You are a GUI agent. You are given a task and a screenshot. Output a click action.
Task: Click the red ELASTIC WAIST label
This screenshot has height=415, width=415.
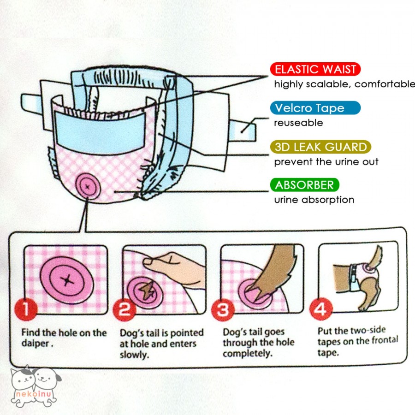[315, 70]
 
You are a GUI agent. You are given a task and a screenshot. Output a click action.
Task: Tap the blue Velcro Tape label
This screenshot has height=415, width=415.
[315, 108]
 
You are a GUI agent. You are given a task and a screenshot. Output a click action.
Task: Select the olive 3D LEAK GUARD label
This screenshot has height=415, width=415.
[320, 148]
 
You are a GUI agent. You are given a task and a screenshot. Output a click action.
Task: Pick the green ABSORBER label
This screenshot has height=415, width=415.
[304, 185]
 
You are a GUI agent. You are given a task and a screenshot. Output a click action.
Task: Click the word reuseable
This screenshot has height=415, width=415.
[298, 123]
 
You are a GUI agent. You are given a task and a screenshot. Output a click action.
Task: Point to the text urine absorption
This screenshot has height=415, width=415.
[314, 200]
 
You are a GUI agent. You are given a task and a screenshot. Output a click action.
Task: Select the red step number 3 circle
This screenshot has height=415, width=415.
[223, 310]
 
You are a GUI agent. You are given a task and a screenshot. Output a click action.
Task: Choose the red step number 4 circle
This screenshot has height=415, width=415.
[320, 309]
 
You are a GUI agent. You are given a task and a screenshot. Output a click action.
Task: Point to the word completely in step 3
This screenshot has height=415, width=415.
[246, 354]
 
